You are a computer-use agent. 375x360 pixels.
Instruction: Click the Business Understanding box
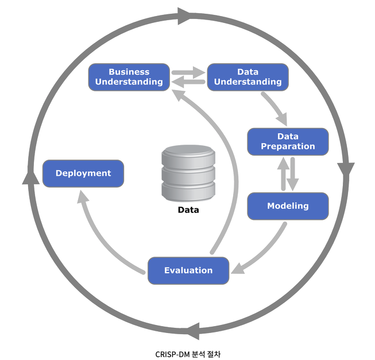(x=129, y=77)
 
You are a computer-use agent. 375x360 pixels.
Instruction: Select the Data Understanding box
(x=248, y=77)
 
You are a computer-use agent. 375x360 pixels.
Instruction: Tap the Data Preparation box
(x=288, y=141)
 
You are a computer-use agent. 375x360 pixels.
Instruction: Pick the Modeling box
(x=288, y=206)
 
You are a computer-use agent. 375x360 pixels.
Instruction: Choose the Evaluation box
(x=188, y=270)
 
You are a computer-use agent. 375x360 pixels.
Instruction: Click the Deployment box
(x=83, y=173)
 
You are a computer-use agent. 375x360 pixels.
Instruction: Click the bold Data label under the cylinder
(x=188, y=210)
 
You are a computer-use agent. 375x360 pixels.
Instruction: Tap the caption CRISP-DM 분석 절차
(x=187, y=354)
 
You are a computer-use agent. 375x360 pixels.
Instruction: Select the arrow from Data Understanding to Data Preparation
(x=274, y=107)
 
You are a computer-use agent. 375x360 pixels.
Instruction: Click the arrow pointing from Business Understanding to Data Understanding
(x=188, y=72)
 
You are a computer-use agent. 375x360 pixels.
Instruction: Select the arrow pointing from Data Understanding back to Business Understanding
(x=188, y=82)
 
